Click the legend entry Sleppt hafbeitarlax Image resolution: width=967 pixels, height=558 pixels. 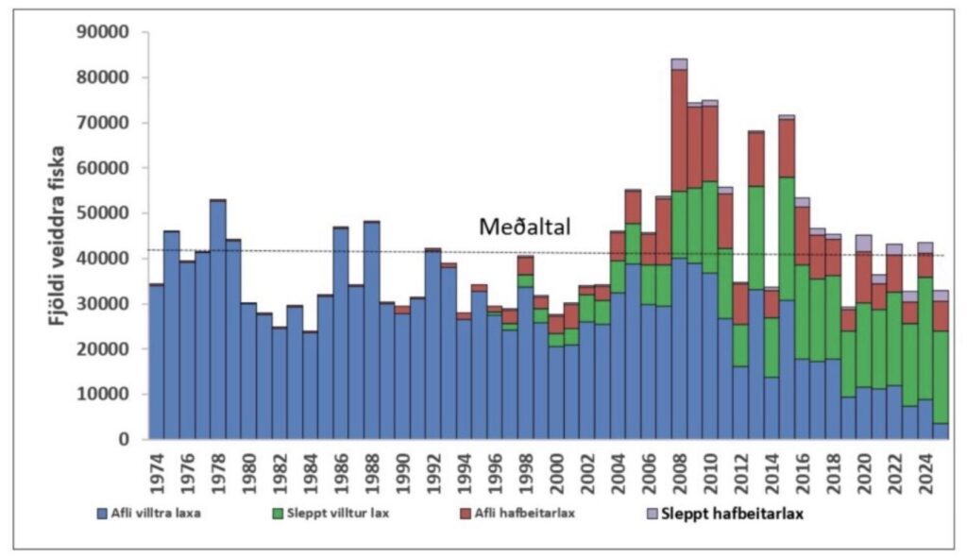pos(740,514)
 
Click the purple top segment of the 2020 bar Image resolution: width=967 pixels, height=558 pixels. pos(863,243)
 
